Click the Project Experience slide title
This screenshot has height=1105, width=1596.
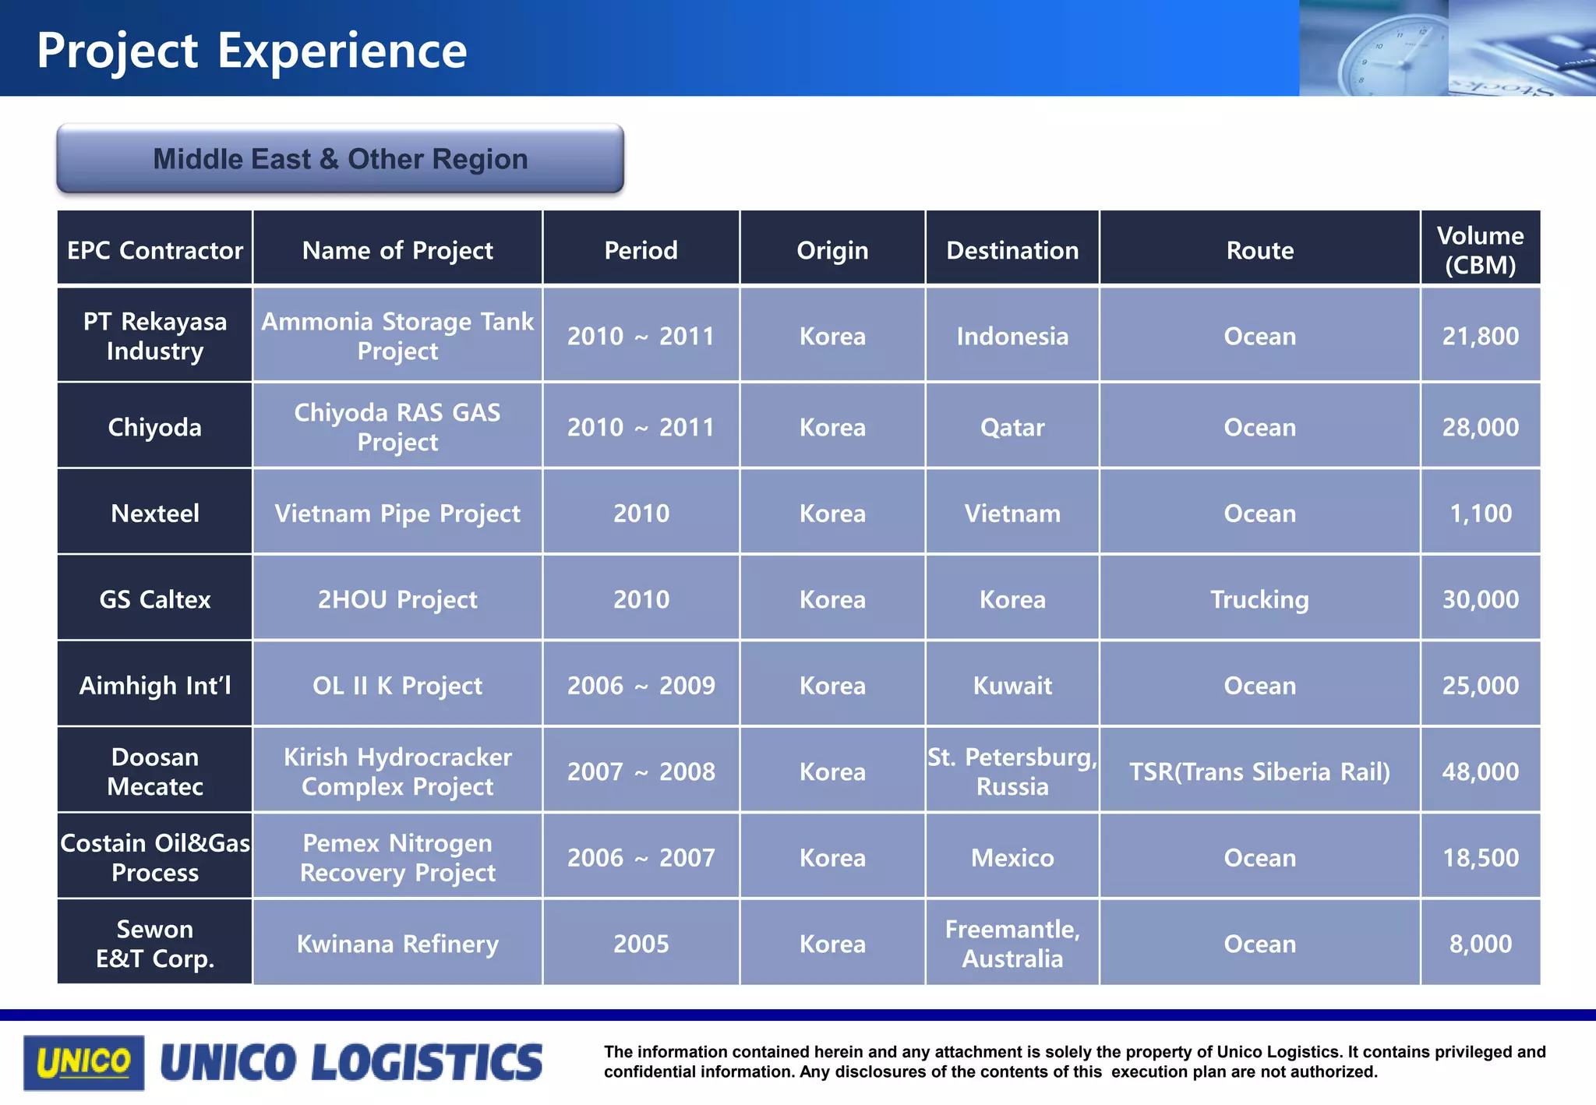click(x=251, y=51)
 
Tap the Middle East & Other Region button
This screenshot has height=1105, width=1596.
click(x=340, y=159)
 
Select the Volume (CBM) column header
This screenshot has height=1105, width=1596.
click(x=1479, y=249)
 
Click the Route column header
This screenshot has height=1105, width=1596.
click(x=1259, y=250)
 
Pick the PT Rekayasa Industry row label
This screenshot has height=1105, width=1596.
click(x=154, y=336)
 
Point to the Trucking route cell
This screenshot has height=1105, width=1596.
click(x=1259, y=599)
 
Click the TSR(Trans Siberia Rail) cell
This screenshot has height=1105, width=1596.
click(x=1259, y=771)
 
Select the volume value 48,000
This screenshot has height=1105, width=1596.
click(x=1479, y=771)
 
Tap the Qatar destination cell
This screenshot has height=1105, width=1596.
click(x=1012, y=427)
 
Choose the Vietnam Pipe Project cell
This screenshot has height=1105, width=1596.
click(x=397, y=514)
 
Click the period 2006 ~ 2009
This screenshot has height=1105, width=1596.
click(x=641, y=686)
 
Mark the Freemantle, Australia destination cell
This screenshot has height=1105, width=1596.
click(x=1012, y=943)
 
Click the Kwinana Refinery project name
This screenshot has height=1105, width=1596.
click(x=397, y=944)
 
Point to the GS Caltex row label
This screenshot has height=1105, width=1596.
click(x=154, y=599)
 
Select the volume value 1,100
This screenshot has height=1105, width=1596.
click(x=1479, y=514)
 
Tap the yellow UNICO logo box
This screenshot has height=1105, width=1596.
click(x=83, y=1062)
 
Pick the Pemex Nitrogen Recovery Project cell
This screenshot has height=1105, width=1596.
click(x=397, y=857)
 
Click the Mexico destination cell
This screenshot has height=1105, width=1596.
click(x=1012, y=858)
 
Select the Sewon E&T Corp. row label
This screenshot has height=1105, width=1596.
click(x=154, y=943)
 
